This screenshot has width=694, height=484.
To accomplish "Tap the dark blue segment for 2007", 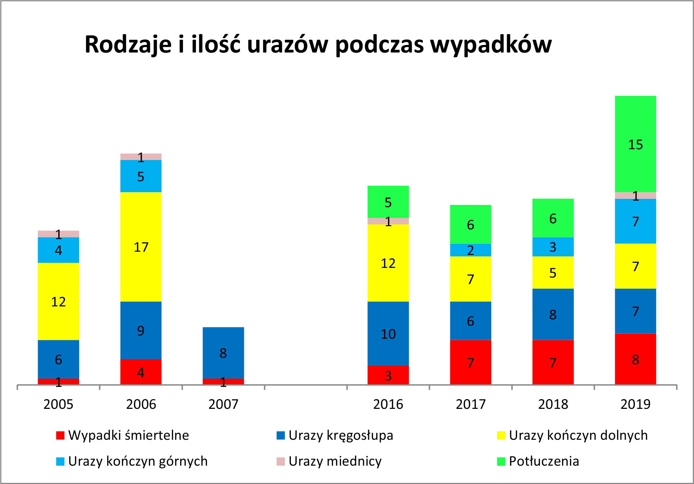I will (223, 352).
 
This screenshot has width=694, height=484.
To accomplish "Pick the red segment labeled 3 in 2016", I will (388, 375).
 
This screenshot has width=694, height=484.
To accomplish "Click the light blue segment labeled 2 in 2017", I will (470, 250).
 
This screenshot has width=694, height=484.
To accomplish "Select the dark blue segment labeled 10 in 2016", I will (388, 333).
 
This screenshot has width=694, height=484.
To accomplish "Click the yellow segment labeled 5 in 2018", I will (553, 272).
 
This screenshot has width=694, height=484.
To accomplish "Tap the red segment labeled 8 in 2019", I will (635, 359).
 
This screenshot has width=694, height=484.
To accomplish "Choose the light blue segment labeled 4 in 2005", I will (58, 250).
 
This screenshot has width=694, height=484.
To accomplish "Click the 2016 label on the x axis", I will (388, 404).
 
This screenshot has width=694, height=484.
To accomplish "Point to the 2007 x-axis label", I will (223, 404).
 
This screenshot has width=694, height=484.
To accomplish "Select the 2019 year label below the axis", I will (635, 404).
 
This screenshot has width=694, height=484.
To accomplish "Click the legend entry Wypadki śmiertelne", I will (128, 435).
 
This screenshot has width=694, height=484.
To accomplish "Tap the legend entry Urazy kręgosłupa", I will (341, 435).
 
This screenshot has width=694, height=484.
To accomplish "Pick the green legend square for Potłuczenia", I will (501, 461).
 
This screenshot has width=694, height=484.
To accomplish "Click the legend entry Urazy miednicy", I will (334, 461).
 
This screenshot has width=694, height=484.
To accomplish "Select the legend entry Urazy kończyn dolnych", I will (578, 435).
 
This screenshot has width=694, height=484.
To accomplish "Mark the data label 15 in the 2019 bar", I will (635, 145).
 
